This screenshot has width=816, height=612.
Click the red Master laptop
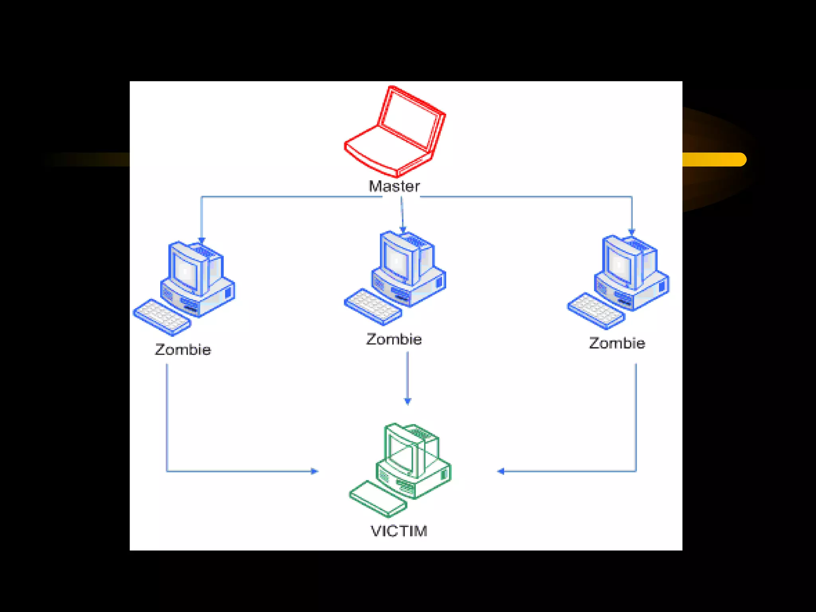[x=394, y=131]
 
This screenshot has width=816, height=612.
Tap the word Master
[x=394, y=186]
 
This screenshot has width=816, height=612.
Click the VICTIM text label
[x=399, y=531]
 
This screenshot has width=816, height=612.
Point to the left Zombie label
[x=183, y=350]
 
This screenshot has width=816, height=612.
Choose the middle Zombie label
[x=394, y=339]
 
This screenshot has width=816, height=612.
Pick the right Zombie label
[x=617, y=343]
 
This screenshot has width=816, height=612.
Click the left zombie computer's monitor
[x=186, y=271]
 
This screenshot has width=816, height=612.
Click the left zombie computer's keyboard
[x=162, y=317]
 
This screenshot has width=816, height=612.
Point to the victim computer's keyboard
[x=378, y=499]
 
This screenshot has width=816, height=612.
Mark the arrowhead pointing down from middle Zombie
[x=407, y=401]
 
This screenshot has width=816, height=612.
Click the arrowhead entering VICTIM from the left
[x=314, y=471]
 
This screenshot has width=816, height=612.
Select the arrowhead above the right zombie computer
[x=632, y=231]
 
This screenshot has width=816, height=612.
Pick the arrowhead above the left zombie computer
[x=202, y=240]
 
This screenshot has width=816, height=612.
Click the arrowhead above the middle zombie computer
[x=403, y=230]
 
